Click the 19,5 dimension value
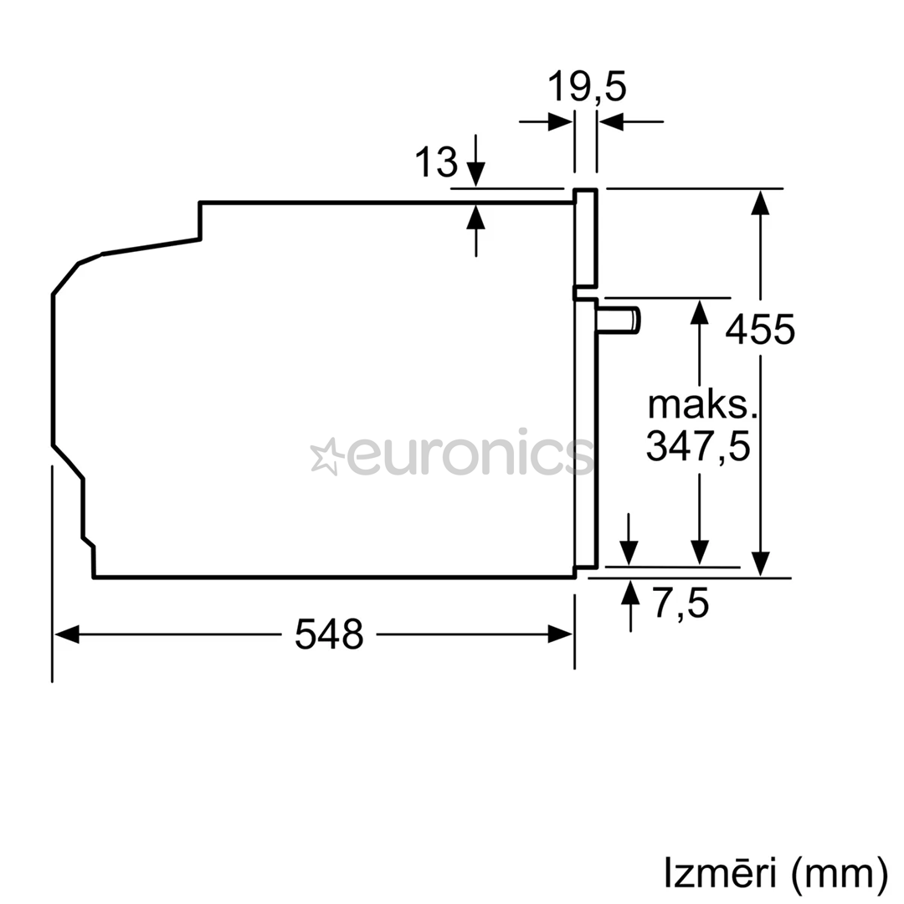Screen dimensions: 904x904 pyautogui.click(x=586, y=87)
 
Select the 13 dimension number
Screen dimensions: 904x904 pyautogui.click(x=436, y=162)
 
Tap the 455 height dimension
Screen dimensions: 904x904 pyautogui.click(x=760, y=330)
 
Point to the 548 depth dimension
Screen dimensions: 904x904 pyautogui.click(x=329, y=634)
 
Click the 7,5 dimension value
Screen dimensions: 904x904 pyautogui.click(x=681, y=604)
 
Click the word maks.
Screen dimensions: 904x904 pyautogui.click(x=701, y=405)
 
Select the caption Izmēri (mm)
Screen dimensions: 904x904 pyautogui.click(x=776, y=873)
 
